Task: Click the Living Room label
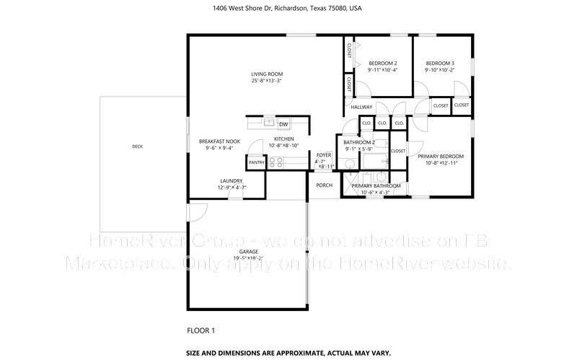[266, 74]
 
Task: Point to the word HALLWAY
[361, 107]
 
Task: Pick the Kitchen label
[283, 139]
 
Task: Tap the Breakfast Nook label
[219, 141]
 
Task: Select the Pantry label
[257, 162]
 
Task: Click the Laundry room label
[232, 181]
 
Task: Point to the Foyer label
[325, 154]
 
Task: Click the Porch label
[325, 185]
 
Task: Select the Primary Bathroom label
[371, 186]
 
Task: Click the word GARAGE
[248, 252]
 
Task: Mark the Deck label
[137, 146]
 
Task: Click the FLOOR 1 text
[201, 330]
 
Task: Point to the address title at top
[288, 9]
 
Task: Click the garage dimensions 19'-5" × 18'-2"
[248, 258]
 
